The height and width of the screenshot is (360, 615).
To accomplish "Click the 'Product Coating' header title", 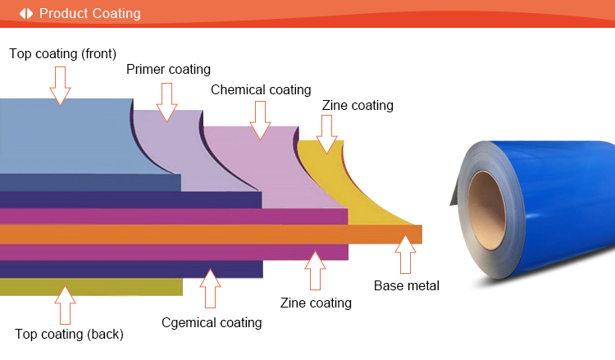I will pos(89,14).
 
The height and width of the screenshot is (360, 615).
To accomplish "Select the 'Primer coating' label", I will pos(168,69).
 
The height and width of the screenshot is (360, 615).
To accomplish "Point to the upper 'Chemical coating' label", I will pos(261,89).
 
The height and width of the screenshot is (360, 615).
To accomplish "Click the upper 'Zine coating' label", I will pos(357,105).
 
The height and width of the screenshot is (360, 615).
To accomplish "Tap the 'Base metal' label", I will pos(407,285).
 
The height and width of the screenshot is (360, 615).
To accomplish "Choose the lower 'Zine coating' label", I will pos(316,303).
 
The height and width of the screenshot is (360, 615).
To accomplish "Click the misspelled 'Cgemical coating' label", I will pos(212,322).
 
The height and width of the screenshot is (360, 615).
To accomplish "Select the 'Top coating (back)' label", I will pos(69,334).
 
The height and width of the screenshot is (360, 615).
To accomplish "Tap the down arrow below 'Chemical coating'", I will pos(261,120).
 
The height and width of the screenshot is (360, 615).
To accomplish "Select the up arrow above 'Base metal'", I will pos(404,254).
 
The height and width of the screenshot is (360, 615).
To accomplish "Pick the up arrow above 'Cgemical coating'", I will pos(211,288).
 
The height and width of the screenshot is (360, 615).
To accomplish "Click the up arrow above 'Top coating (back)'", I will pos(65,304).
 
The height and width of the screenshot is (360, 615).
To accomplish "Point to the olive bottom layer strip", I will pos(90,286).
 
